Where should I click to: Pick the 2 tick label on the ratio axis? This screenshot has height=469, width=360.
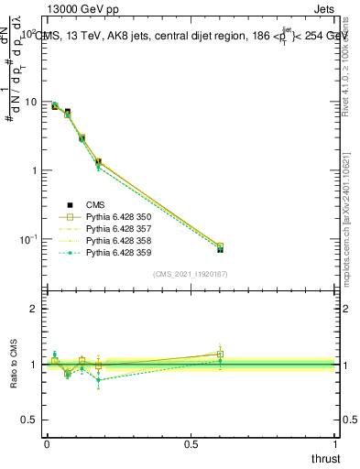36,309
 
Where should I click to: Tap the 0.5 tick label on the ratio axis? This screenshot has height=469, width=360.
31,420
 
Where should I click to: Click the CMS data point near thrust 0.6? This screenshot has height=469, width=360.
220,249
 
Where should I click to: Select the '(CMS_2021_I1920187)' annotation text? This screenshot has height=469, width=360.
191,274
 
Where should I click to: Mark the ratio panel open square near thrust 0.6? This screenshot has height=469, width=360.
220,354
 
